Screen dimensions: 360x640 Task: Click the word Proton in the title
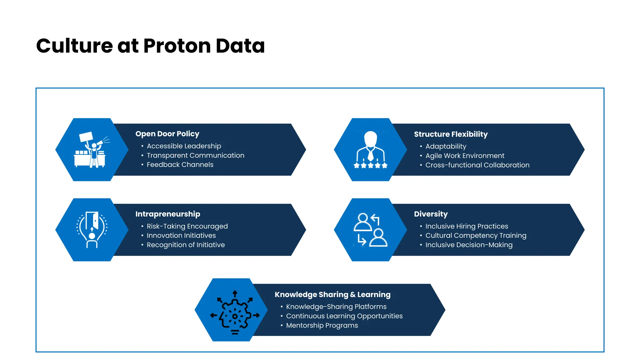click(x=177, y=46)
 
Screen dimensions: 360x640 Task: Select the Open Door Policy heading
click(x=167, y=134)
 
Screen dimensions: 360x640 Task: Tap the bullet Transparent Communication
click(x=195, y=155)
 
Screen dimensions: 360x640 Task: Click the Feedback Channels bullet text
click(x=180, y=165)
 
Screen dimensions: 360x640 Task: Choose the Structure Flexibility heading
click(x=451, y=134)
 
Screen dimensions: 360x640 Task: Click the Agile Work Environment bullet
click(x=465, y=156)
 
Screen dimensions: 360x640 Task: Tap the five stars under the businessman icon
click(x=370, y=165)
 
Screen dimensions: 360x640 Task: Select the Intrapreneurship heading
click(x=167, y=214)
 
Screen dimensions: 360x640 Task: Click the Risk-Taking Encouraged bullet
click(x=187, y=226)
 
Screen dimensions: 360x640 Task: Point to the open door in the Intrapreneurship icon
click(x=92, y=220)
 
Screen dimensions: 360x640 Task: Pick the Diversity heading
click(x=431, y=214)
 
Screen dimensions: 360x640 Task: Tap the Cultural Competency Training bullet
click(x=476, y=236)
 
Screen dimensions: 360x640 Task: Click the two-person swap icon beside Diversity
click(x=370, y=230)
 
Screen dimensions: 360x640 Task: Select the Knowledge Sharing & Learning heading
click(x=332, y=295)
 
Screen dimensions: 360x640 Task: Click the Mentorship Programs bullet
click(x=322, y=325)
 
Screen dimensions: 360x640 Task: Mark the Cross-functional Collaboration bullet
click(x=477, y=165)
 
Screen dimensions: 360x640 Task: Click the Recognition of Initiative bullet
click(x=186, y=245)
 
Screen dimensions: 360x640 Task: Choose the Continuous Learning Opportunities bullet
click(x=344, y=316)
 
